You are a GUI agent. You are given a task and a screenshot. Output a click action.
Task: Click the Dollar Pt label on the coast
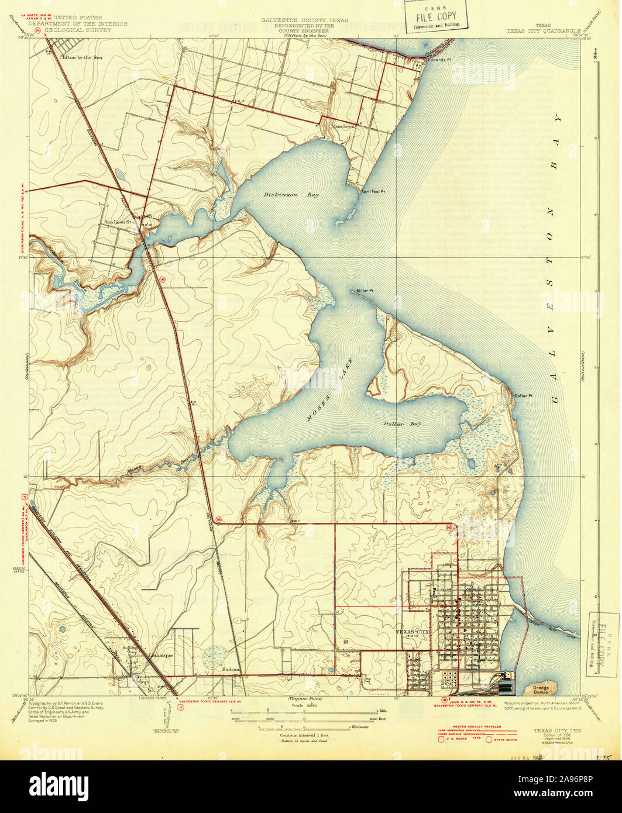pos(523,396)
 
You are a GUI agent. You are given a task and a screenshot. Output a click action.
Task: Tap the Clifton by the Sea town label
pos(81,58)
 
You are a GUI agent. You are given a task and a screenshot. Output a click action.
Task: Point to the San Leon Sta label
pos(121,222)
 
